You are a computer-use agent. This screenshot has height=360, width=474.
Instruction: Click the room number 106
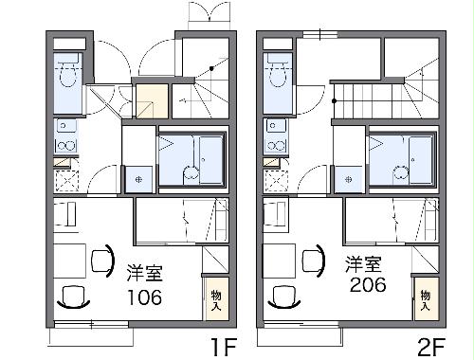tap(144, 297)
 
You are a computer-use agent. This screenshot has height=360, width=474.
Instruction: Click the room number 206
tap(368, 284)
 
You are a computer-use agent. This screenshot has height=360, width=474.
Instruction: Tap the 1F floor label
tap(225, 347)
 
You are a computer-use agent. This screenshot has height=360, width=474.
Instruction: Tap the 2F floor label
tap(431, 347)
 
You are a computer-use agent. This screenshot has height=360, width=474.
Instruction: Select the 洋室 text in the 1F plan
tap(145, 273)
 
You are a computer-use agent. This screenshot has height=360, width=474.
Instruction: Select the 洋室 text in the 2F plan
tap(363, 264)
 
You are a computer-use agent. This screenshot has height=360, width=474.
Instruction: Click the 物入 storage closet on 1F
tap(216, 298)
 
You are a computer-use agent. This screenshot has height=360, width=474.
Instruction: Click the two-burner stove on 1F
tap(66, 146)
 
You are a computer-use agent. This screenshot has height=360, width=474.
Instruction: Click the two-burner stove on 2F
tap(277, 146)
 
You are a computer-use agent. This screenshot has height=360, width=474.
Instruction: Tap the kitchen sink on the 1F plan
tap(66, 126)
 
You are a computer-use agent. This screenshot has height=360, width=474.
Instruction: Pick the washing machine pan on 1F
tap(138, 180)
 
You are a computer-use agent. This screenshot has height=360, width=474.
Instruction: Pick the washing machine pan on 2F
tap(349, 180)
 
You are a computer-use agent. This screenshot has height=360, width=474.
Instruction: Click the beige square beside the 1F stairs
tap(152, 101)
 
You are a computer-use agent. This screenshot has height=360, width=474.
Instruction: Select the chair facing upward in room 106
tap(74, 297)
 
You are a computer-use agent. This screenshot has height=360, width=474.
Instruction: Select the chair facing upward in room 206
tap(284, 297)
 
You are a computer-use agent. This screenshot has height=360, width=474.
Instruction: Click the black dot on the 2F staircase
tap(334, 101)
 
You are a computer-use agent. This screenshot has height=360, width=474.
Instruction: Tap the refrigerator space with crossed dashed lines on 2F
tap(276, 181)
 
